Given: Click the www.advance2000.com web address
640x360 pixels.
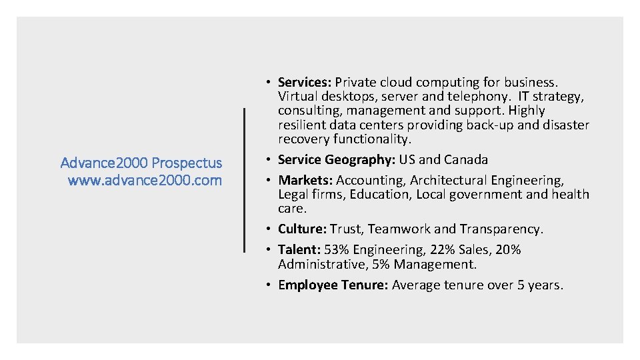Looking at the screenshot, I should point(145,180).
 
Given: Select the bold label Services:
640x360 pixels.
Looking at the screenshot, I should point(305,83).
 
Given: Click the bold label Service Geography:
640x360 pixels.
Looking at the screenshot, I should point(337,160).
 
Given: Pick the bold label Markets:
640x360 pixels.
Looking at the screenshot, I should point(305,181).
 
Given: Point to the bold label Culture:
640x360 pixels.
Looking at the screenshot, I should point(302,229).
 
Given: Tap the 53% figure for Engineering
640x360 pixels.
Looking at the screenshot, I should point(337,250).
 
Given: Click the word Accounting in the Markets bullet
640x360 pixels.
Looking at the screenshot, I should point(371,181).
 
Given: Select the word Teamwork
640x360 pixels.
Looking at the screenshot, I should point(399,229).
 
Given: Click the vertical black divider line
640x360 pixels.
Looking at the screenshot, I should point(245,180).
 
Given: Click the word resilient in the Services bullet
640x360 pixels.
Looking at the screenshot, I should point(301,125).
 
